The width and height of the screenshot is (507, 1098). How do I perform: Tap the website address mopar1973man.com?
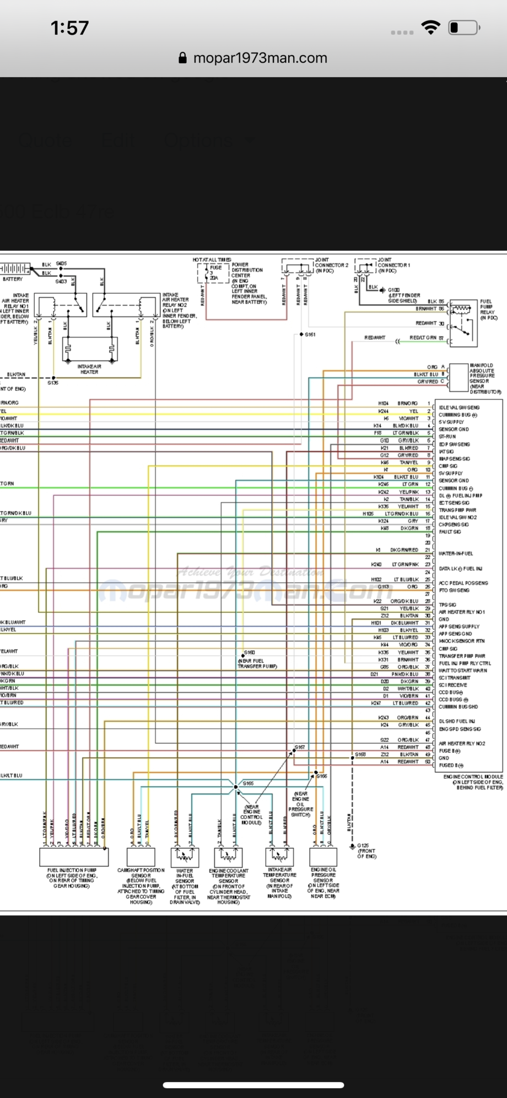(x=260, y=58)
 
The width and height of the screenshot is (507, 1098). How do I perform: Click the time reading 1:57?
(x=69, y=28)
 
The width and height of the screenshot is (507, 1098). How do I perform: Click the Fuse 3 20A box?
(x=213, y=273)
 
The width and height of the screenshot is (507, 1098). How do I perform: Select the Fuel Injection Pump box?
(x=74, y=856)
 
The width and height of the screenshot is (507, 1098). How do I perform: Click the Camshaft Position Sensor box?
(x=141, y=856)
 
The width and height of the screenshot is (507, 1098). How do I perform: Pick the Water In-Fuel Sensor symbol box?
(x=185, y=856)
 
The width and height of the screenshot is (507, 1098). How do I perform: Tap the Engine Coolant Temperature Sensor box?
(x=228, y=856)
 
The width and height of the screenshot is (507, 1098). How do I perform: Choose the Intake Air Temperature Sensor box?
(x=279, y=856)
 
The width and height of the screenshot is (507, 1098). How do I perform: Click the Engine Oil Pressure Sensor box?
(x=323, y=856)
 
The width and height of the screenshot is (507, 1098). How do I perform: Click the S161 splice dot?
(x=301, y=335)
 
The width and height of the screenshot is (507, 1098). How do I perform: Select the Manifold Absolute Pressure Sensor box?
(x=458, y=374)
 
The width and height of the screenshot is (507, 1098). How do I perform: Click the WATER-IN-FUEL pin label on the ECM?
(x=456, y=553)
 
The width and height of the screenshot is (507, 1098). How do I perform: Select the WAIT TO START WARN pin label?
(x=462, y=671)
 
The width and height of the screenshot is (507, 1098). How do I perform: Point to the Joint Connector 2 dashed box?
(x=298, y=267)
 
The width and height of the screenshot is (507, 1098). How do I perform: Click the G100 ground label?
(x=393, y=290)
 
